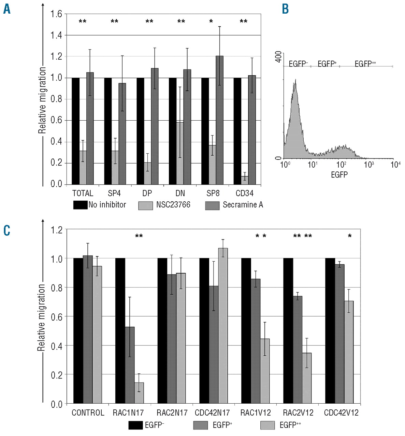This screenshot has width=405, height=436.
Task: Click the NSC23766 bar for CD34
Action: [x=244, y=180]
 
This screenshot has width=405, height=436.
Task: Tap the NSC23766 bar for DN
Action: [x=179, y=153]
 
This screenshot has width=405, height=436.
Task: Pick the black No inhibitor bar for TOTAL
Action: [x=75, y=131]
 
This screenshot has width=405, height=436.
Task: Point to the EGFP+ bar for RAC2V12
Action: [x=297, y=350]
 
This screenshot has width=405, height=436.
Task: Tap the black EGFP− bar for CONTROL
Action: [x=78, y=331]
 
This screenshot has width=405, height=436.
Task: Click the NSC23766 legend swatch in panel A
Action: [x=145, y=205]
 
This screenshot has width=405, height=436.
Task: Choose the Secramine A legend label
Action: [x=243, y=205]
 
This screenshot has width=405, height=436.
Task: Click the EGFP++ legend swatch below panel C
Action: [x=267, y=425]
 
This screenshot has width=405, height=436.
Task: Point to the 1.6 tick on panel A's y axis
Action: [x=57, y=14]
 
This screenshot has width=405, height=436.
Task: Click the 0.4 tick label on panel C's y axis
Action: [x=57, y=346]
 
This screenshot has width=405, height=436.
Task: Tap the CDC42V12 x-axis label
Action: [x=341, y=413]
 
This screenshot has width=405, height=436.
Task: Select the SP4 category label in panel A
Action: [x=114, y=193]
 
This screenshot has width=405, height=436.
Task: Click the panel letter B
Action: [x=285, y=9]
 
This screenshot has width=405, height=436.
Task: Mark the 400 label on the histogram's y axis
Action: [x=278, y=57]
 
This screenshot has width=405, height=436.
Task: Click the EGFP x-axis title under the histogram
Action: [x=339, y=175]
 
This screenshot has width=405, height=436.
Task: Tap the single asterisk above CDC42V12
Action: [x=350, y=236]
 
